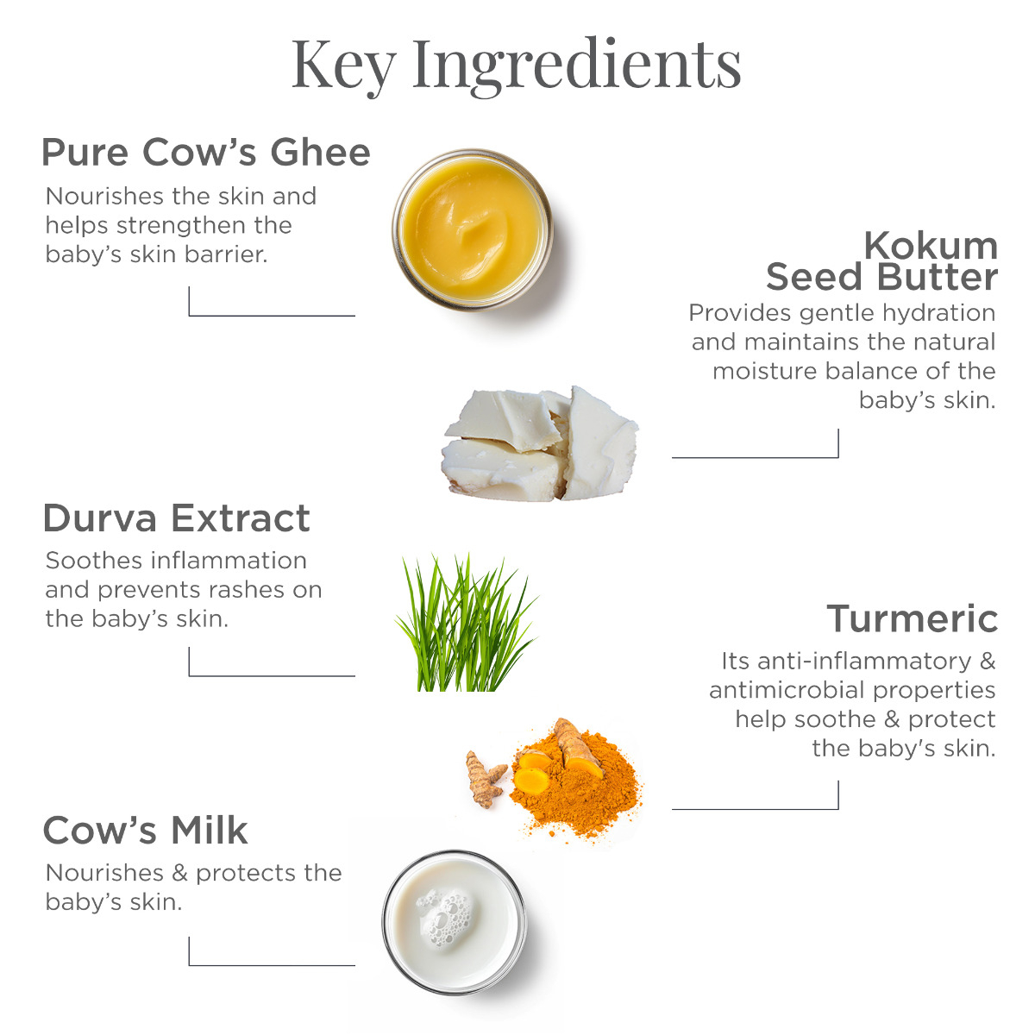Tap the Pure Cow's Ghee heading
coord(206,153)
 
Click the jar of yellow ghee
coord(472,229)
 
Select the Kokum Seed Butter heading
coord(882,261)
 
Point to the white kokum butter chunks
coord(540,444)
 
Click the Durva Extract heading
coord(177,518)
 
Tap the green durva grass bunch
coord(467,623)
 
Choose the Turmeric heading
coord(912,618)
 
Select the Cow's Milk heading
coord(145,831)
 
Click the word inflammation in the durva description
coord(229,561)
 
